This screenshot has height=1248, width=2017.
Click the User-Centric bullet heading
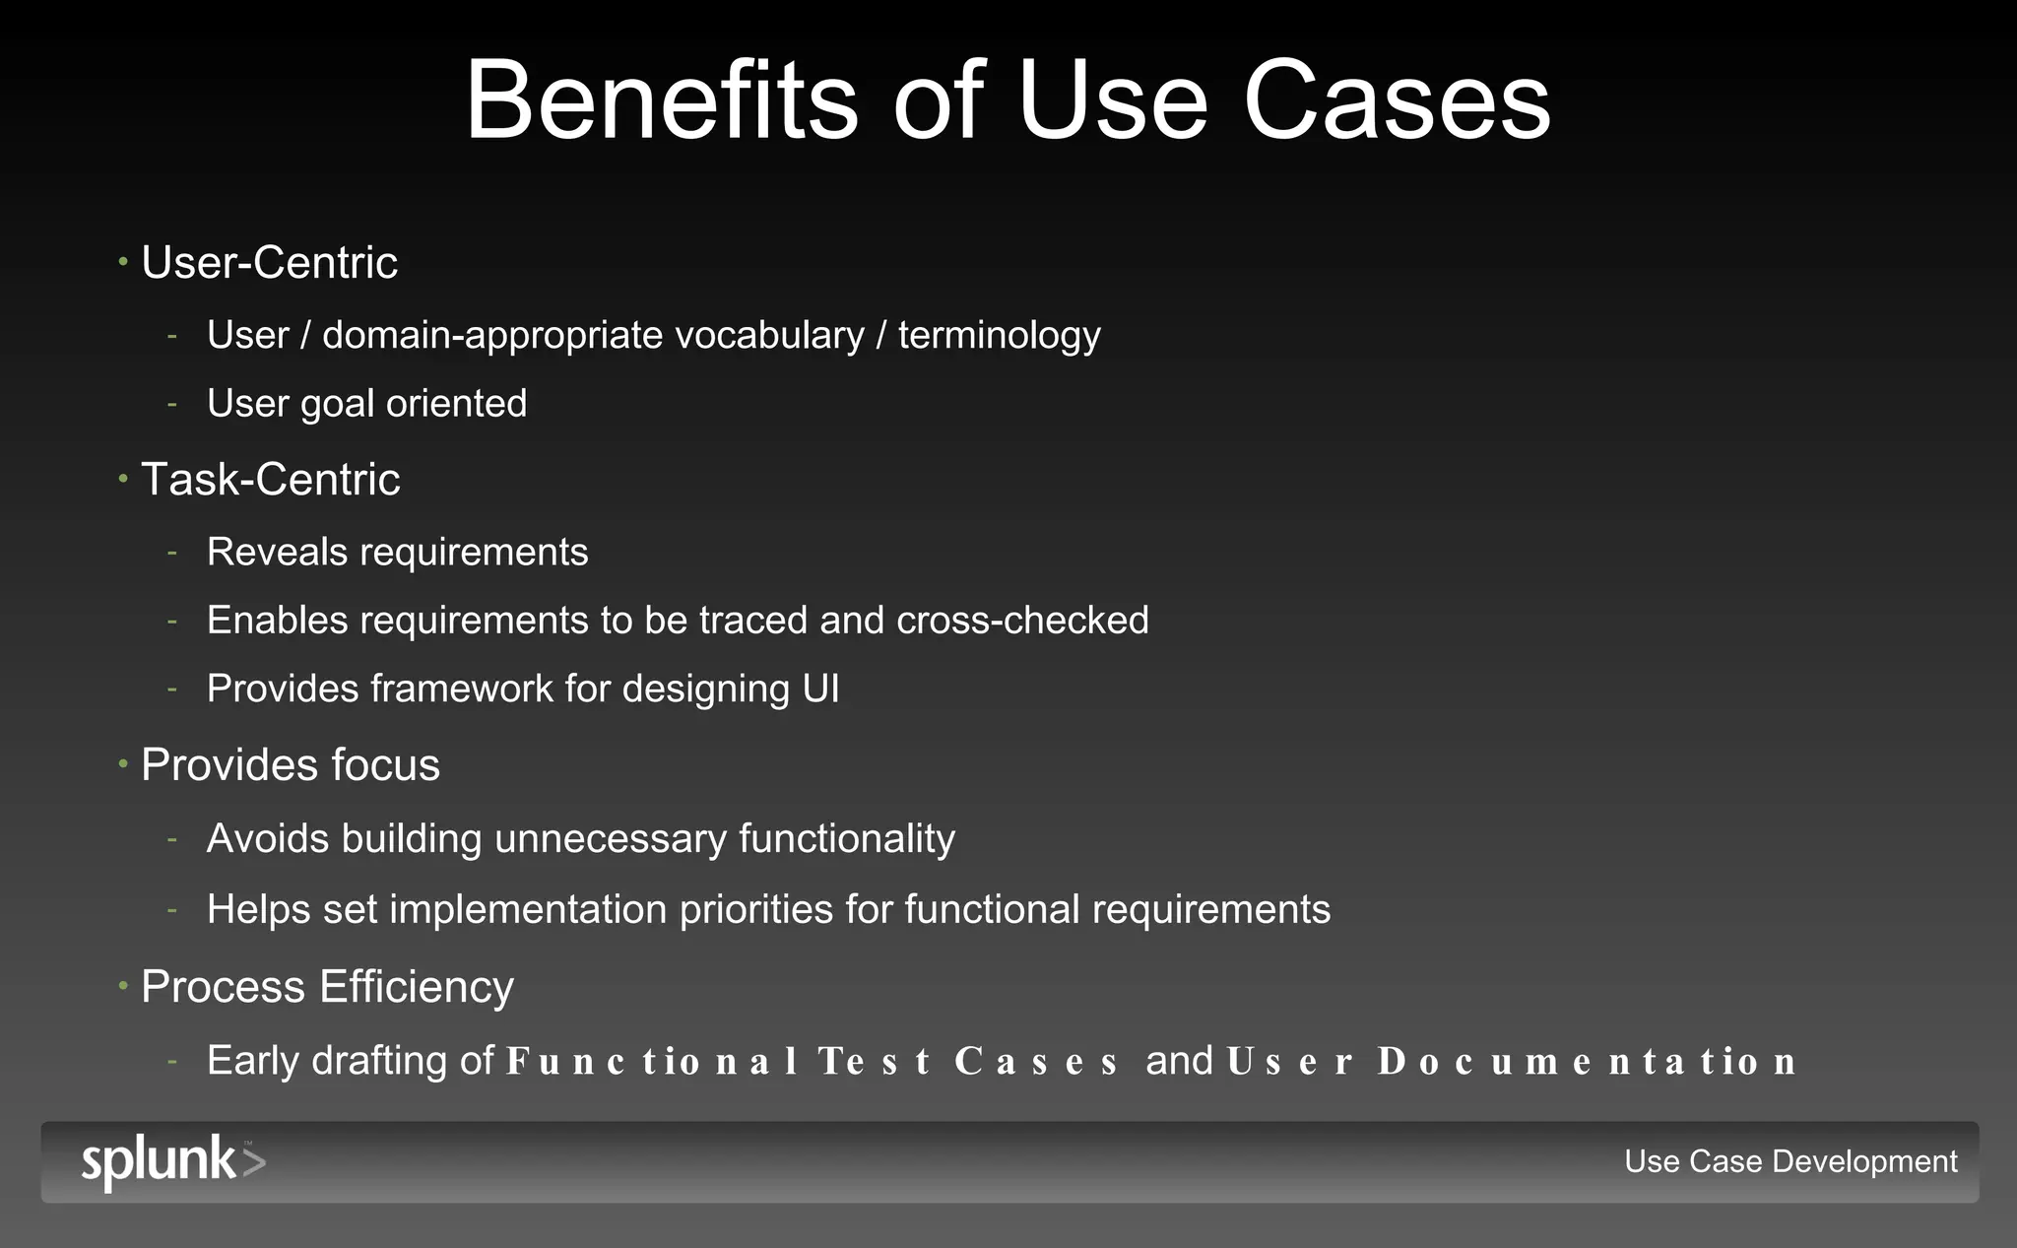[x=269, y=263]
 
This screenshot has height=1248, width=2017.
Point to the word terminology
[x=999, y=336]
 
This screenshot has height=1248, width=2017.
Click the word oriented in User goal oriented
[x=456, y=404]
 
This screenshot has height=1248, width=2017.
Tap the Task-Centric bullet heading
[x=270, y=480]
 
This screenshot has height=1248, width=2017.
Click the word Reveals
[x=277, y=552]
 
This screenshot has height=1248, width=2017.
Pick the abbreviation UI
[x=820, y=689]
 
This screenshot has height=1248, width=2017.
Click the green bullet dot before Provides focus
[x=123, y=763]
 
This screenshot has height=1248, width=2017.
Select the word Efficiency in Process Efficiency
[x=416, y=987]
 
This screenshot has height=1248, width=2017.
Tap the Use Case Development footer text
[x=1789, y=1161]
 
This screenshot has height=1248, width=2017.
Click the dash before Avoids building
[x=172, y=839]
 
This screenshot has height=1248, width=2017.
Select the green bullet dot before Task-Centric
[x=123, y=479]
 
